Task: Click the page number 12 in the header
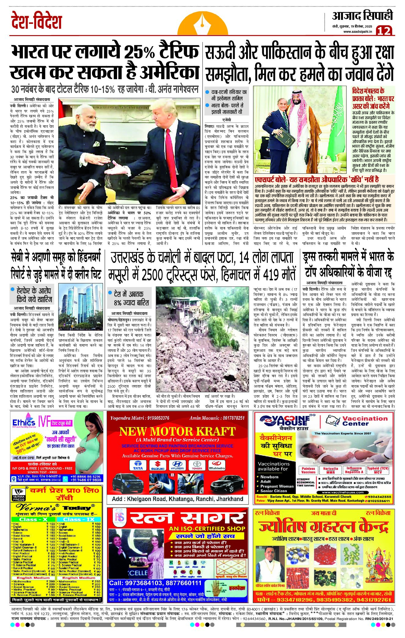(384, 31)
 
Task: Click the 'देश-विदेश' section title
(36, 21)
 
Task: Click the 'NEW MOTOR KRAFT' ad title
(177, 431)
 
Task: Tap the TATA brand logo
(138, 465)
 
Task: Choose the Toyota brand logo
(197, 465)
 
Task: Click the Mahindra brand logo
(217, 465)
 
